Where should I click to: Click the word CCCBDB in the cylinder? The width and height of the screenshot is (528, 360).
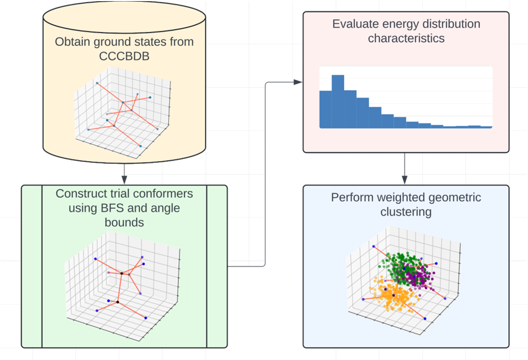click(x=125, y=56)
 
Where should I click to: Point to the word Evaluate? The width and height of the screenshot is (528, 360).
click(x=355, y=24)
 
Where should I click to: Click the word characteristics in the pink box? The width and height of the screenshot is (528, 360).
click(x=406, y=38)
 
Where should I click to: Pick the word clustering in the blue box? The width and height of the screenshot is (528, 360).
click(x=406, y=212)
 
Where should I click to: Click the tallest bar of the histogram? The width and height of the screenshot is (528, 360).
click(x=338, y=101)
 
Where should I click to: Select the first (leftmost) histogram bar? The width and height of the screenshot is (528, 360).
click(x=325, y=110)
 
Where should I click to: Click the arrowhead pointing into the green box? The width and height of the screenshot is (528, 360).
click(x=125, y=179)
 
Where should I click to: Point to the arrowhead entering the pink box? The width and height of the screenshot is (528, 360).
click(x=298, y=82)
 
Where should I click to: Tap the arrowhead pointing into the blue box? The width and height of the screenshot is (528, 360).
click(x=405, y=179)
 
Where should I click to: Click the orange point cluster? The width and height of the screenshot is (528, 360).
click(x=392, y=294)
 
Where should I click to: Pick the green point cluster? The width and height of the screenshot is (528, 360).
click(x=401, y=265)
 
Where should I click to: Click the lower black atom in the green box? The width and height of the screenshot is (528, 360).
click(x=117, y=302)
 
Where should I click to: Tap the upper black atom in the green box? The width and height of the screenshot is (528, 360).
click(x=122, y=273)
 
